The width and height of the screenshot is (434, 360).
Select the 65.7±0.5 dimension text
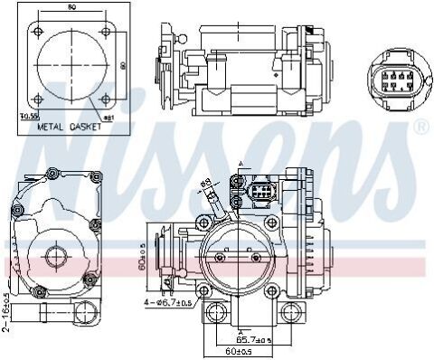tap(251, 339)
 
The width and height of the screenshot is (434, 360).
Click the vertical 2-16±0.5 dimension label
tap(6, 312)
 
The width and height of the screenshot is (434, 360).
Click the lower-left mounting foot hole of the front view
tap(215, 315)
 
